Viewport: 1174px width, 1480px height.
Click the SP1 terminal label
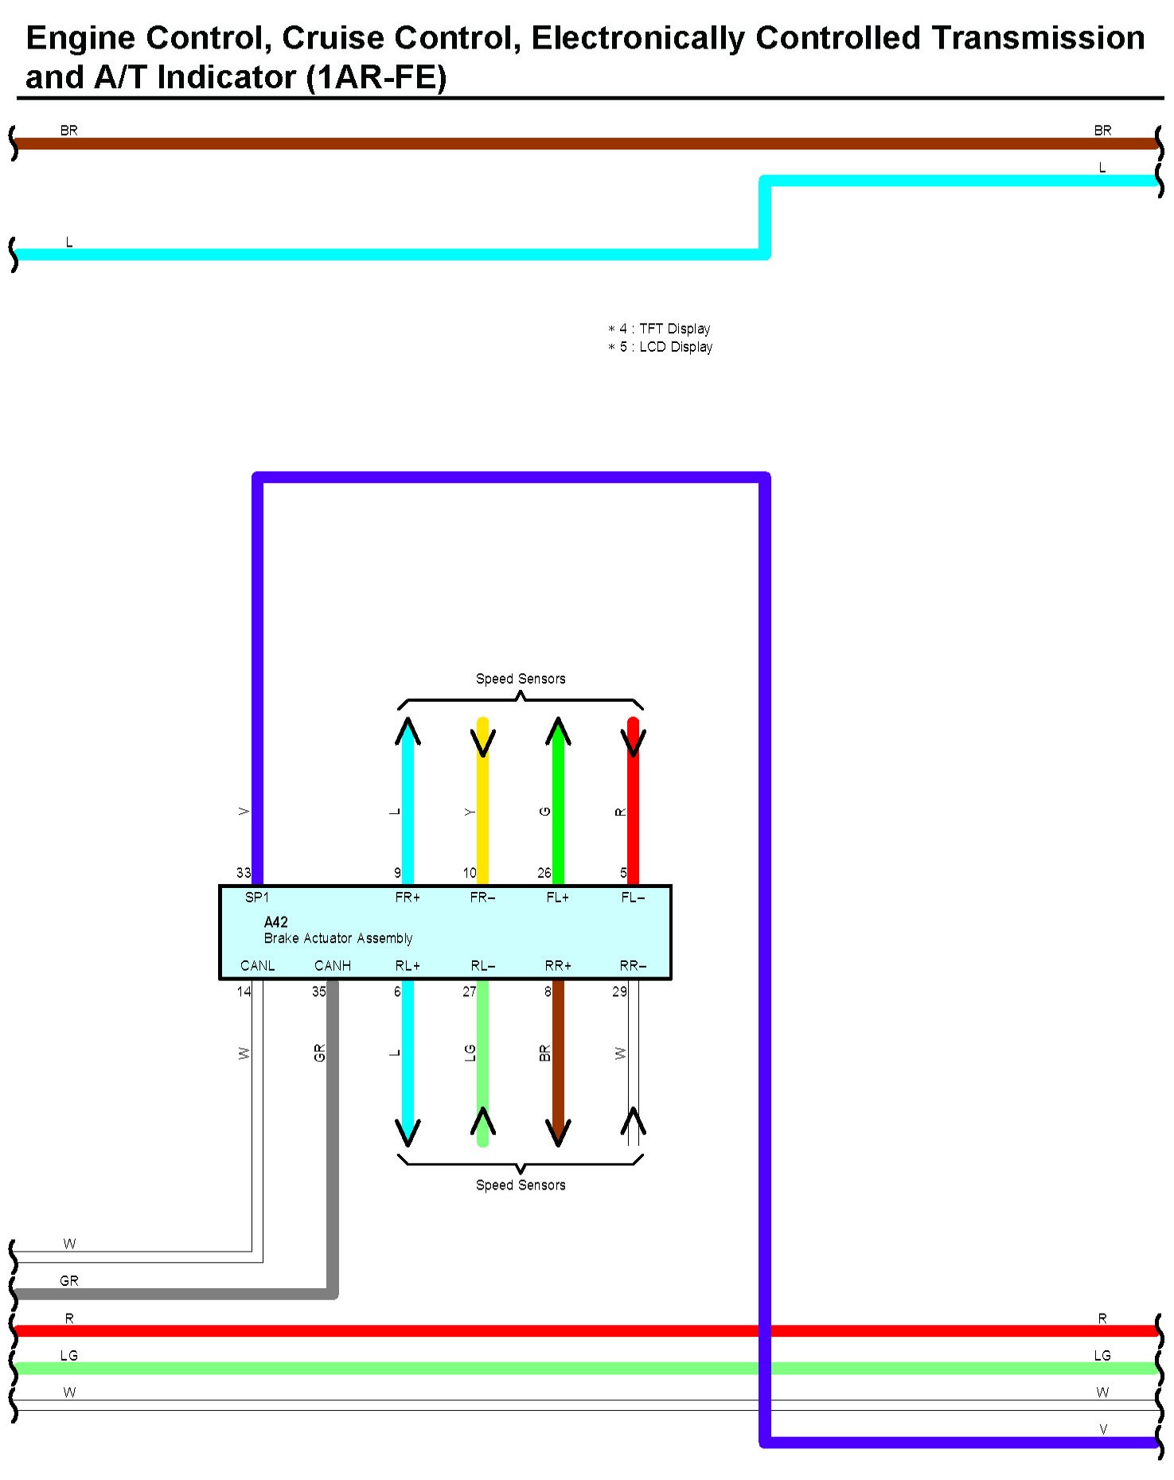[256, 898]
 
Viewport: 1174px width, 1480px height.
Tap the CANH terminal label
[333, 966]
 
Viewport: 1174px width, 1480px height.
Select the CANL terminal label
[257, 966]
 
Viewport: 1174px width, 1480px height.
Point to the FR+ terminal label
[408, 898]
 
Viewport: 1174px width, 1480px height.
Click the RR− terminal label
[633, 966]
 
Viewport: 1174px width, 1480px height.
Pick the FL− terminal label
[633, 898]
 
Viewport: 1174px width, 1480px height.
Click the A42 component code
[275, 922]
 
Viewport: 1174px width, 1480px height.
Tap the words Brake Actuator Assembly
[338, 939]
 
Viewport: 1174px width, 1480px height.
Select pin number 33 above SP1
[244, 873]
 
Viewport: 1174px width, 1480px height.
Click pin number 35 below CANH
[318, 991]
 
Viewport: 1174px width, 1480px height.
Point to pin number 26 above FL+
[544, 873]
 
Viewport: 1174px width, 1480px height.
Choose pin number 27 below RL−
[470, 991]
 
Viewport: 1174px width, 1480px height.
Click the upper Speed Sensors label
[521, 679]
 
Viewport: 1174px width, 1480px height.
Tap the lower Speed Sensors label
[521, 1185]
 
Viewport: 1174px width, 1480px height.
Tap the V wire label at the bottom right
[1103, 1430]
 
